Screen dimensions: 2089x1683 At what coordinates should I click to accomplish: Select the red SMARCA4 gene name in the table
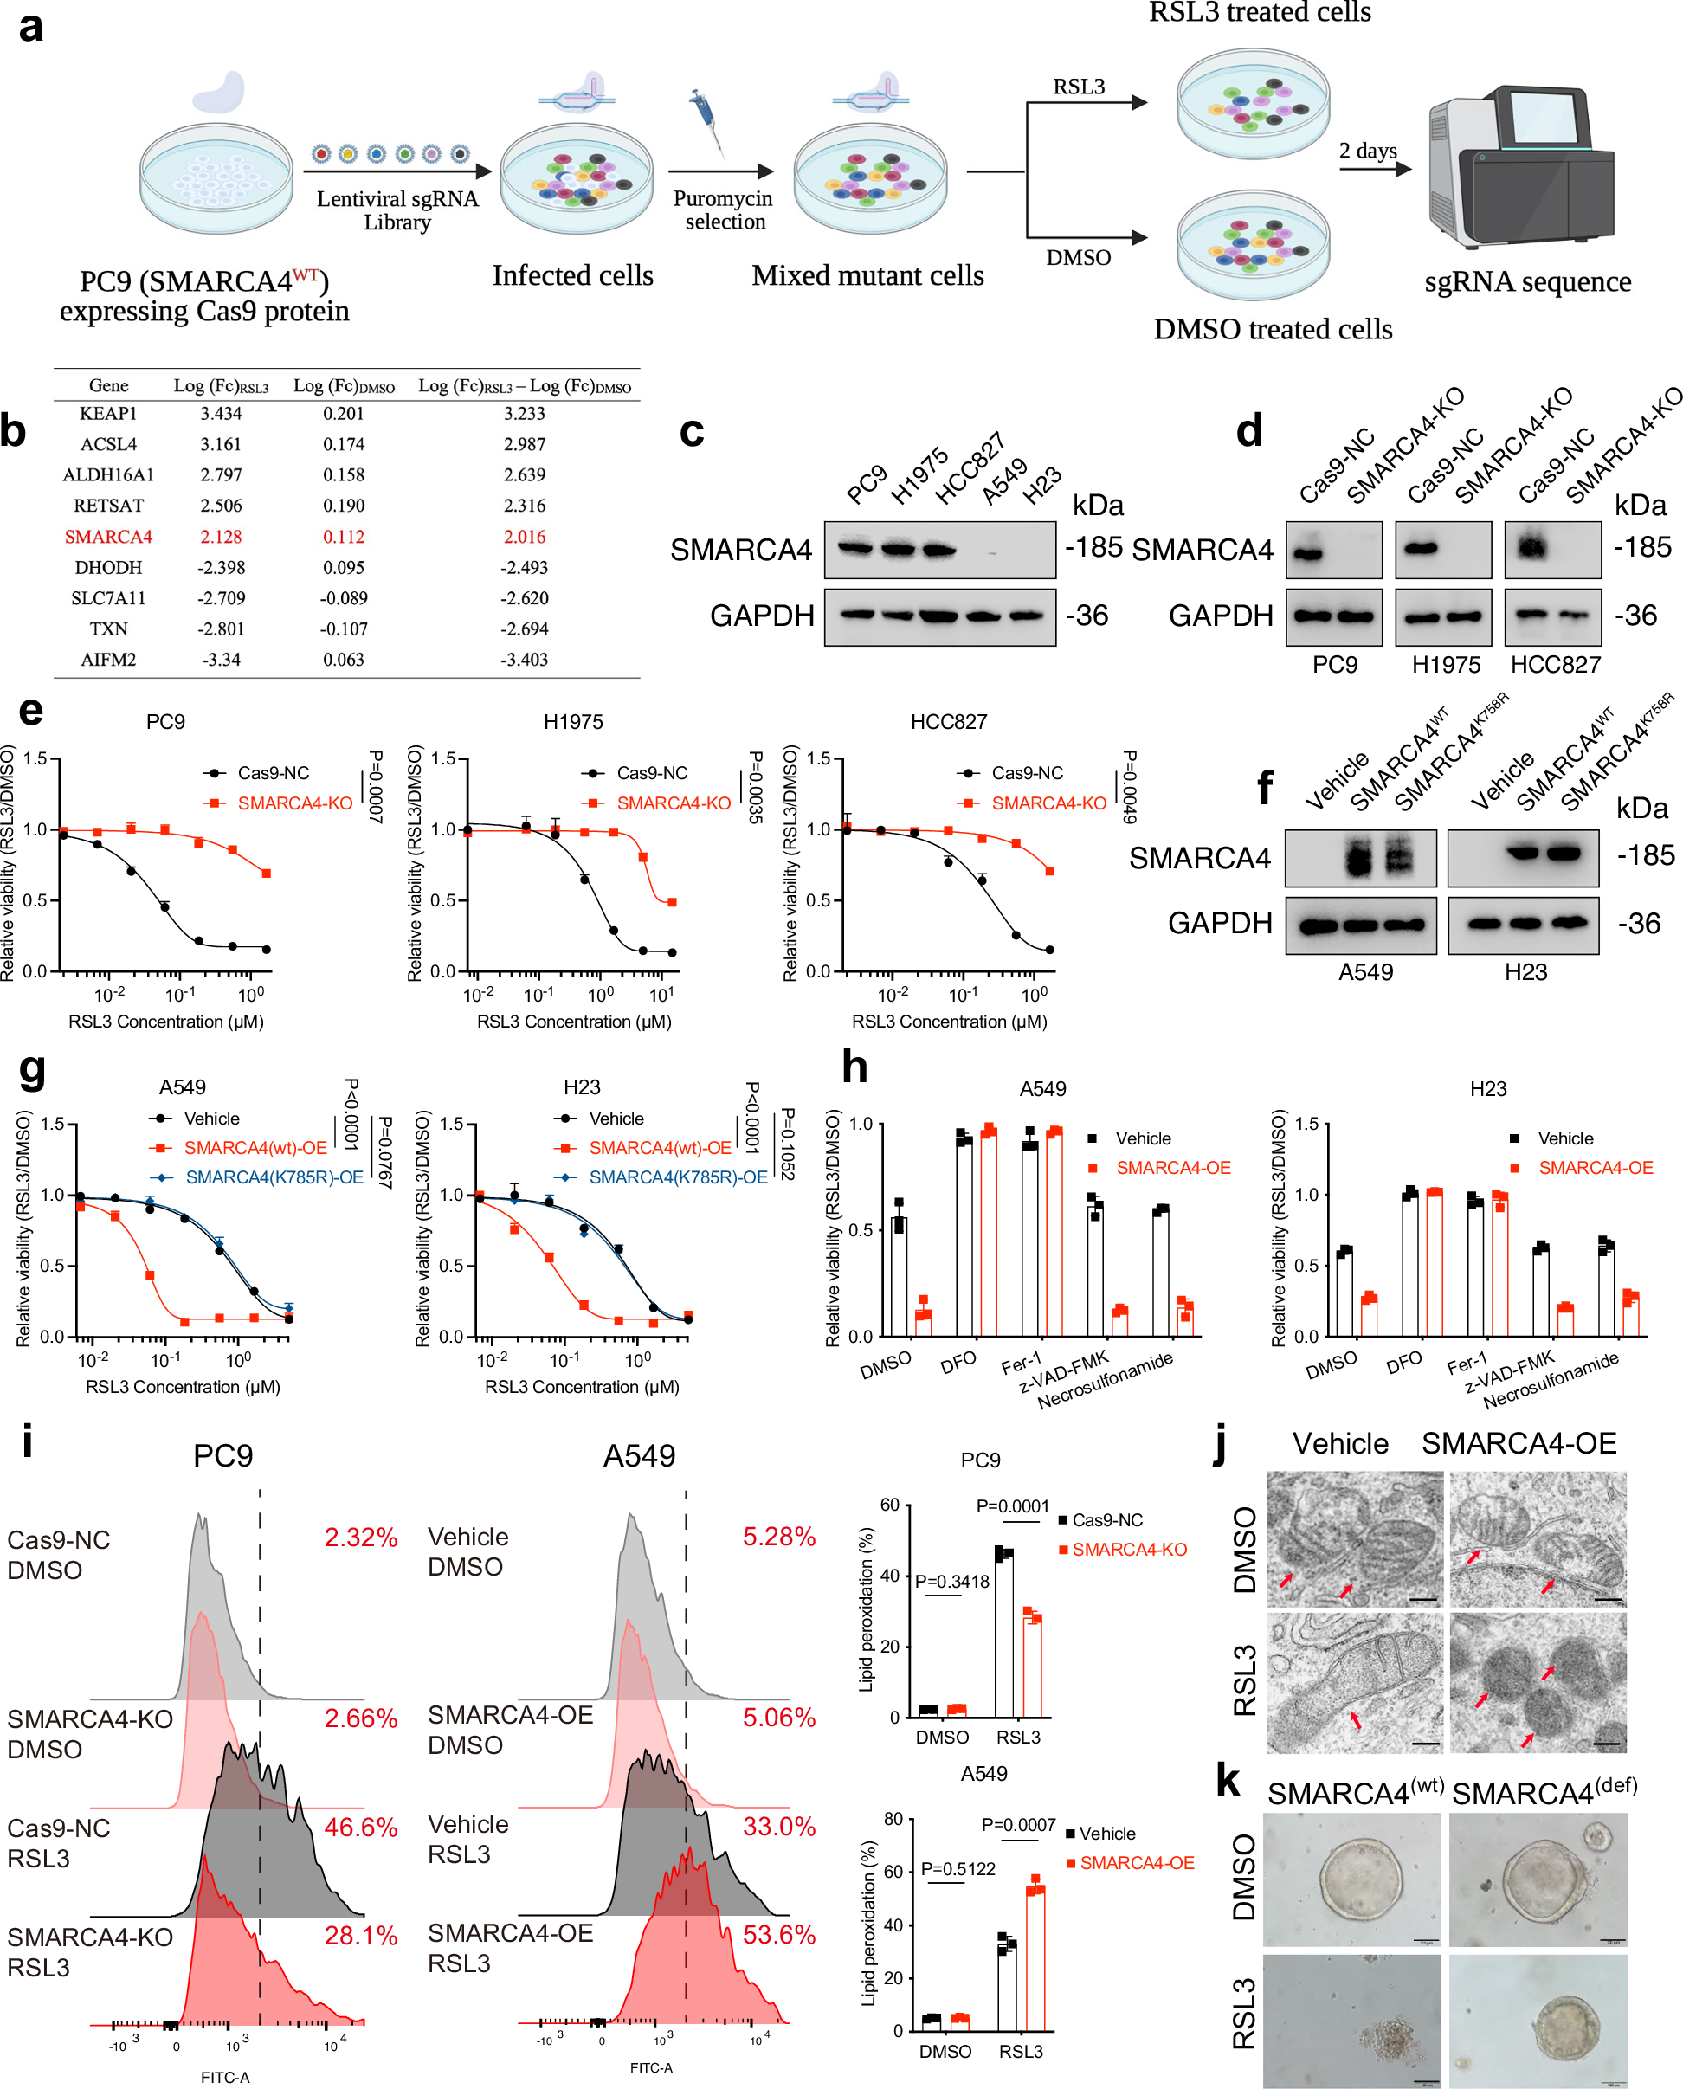[108, 536]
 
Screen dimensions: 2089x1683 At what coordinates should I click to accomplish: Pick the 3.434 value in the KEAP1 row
[221, 413]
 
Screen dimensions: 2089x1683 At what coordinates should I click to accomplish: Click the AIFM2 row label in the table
[107, 659]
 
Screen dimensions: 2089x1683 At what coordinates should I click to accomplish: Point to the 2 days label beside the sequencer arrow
[1368, 151]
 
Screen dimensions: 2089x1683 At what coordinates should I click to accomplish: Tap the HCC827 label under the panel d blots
[1555, 664]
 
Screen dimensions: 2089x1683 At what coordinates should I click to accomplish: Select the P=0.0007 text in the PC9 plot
[376, 786]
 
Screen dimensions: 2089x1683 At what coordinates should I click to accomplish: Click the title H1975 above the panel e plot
[573, 721]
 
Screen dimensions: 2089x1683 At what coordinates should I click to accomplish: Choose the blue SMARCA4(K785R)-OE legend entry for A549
[274, 1177]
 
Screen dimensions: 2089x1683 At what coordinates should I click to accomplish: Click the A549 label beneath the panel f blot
[1365, 971]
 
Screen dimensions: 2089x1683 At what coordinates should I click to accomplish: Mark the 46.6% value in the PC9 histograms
[361, 1828]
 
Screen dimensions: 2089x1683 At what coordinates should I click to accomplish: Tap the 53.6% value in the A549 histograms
[778, 1934]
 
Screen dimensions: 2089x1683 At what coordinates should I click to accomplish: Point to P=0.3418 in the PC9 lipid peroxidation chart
[952, 1581]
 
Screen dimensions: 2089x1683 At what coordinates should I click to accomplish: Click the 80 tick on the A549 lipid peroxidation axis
[893, 1819]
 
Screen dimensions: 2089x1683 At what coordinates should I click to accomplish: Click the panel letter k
[1228, 1780]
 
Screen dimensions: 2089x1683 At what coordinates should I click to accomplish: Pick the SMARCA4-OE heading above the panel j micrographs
[1519, 1443]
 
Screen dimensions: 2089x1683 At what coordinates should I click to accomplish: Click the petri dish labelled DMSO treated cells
[1252, 245]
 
